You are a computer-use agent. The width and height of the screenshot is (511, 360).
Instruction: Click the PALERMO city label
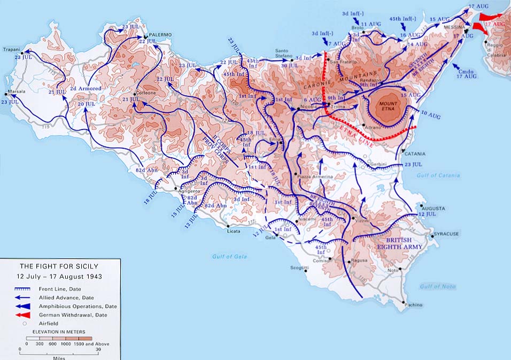(160, 35)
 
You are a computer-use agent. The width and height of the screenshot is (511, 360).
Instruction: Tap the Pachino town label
(413, 305)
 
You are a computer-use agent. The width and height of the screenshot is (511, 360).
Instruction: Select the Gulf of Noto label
(438, 287)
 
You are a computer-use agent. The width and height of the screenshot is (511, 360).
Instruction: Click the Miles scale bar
(59, 348)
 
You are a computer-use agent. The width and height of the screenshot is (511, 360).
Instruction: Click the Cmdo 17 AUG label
(466, 73)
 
